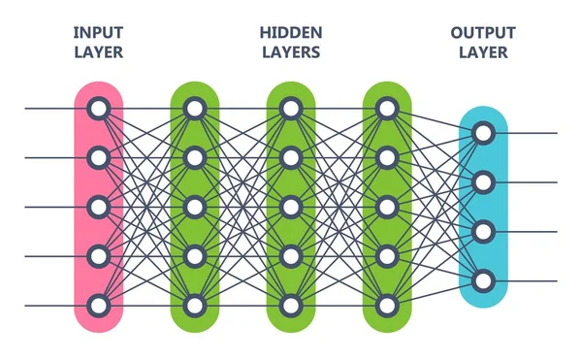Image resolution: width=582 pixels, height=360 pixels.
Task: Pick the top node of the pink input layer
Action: (98, 108)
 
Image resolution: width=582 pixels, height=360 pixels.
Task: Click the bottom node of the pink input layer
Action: (98, 306)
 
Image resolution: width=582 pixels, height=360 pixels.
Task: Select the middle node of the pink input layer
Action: (98, 207)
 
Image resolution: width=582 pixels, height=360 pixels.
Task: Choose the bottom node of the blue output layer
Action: (483, 281)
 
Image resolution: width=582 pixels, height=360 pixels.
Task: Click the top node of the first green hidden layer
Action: (194, 108)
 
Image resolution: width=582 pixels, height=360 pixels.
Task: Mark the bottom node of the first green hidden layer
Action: (194, 306)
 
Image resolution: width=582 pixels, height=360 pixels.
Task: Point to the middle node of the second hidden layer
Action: (290, 207)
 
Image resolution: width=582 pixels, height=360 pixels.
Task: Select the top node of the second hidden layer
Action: (290, 108)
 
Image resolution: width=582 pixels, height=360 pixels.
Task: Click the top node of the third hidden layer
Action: (386, 108)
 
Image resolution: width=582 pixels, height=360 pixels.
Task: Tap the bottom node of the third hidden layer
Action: (386, 306)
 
